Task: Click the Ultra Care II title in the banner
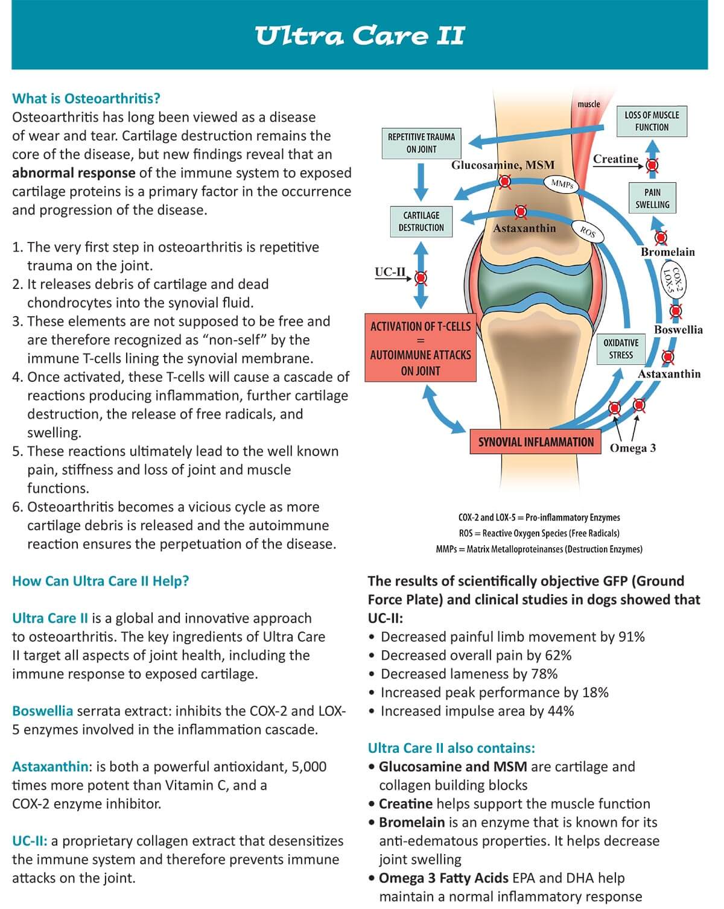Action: (360, 36)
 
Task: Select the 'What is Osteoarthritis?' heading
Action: (86, 98)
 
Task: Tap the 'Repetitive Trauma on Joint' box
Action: (421, 143)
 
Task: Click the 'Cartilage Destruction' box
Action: (421, 221)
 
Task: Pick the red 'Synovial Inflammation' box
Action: (536, 442)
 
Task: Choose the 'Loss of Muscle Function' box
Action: (652, 121)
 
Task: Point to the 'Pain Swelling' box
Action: (652, 198)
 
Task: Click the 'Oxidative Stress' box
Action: (621, 349)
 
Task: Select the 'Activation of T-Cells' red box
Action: (421, 348)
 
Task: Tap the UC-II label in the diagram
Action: (390, 272)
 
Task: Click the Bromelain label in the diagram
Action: (667, 252)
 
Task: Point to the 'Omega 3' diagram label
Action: (633, 448)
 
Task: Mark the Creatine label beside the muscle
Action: (615, 159)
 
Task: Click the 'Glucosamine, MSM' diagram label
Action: (503, 165)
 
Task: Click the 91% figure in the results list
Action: (632, 636)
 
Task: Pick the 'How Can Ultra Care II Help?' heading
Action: (101, 581)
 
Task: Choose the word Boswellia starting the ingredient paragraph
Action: (42, 711)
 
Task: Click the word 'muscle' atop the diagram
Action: (588, 104)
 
